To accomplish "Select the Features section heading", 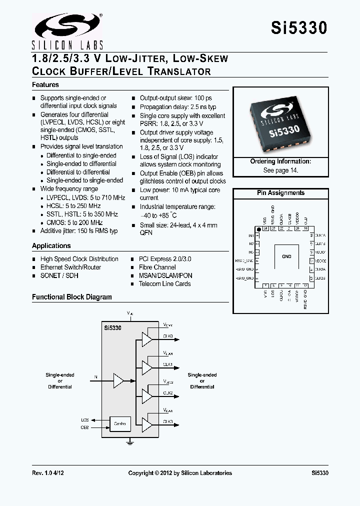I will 45,85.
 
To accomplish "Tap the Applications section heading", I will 51,245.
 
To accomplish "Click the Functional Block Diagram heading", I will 72,297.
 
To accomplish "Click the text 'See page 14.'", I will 280,170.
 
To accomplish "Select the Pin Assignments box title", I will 280,193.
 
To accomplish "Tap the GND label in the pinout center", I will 286,256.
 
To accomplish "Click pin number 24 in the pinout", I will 265,228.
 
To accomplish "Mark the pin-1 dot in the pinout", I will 258,229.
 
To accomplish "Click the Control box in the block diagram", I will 119,424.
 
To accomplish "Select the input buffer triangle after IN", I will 118,380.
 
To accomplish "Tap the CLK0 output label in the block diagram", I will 167,336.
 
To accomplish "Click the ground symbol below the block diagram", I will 130,442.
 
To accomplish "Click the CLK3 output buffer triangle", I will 146,425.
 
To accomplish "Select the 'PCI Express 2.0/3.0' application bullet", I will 165,259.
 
